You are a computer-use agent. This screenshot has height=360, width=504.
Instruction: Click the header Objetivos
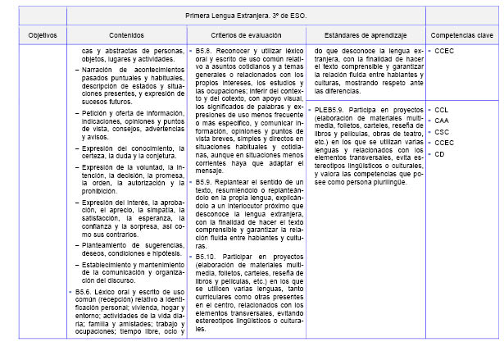coord(43,35)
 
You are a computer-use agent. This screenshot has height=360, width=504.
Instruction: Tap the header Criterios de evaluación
coord(244,35)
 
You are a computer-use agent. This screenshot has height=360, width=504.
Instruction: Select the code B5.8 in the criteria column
coord(207,52)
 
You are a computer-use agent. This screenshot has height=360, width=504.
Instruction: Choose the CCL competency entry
coord(442,109)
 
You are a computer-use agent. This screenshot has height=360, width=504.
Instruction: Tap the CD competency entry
coord(439,153)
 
